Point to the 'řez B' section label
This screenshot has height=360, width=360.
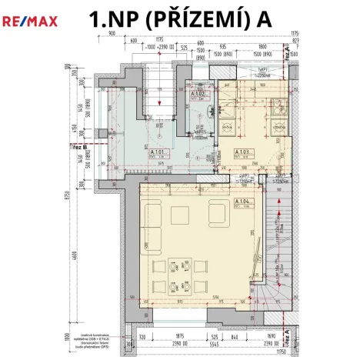(78, 145)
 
